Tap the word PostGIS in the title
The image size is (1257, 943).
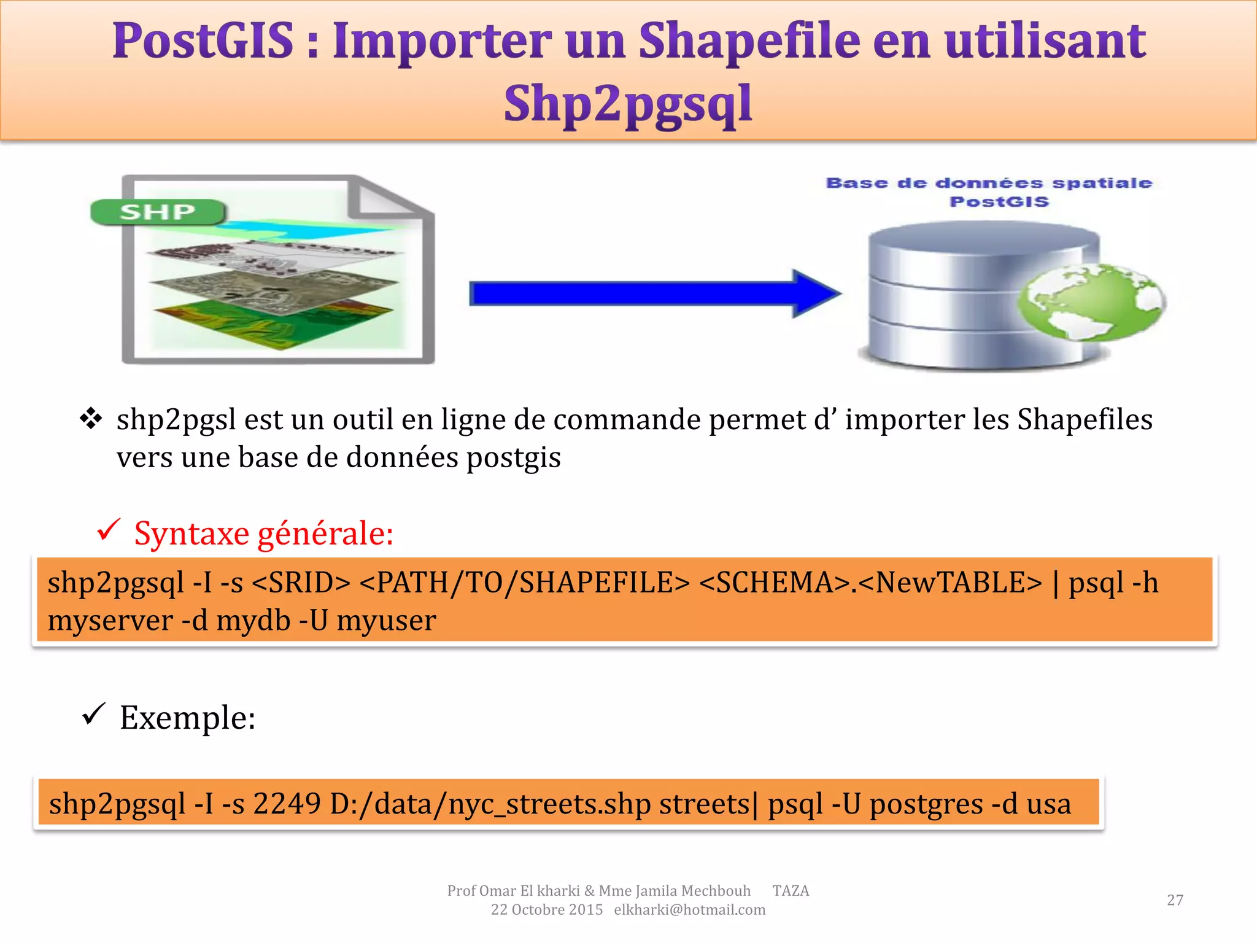(x=203, y=41)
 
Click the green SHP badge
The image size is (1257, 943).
(x=158, y=212)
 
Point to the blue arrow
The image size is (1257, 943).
(x=654, y=293)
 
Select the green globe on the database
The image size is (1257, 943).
(x=1091, y=303)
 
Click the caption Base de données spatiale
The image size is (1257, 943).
(x=989, y=183)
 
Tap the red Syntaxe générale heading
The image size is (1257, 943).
(x=264, y=533)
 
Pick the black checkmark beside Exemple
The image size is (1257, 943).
(x=93, y=714)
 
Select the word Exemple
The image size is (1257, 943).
(x=187, y=717)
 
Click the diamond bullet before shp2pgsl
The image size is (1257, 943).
(x=91, y=419)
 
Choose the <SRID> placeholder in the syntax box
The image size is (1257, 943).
(x=301, y=583)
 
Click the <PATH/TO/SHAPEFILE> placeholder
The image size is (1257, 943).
(x=525, y=583)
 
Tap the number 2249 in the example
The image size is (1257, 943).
(x=287, y=803)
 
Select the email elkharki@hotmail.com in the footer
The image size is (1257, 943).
(x=689, y=910)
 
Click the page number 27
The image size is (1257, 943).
(x=1175, y=900)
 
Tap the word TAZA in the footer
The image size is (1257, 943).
(x=791, y=891)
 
